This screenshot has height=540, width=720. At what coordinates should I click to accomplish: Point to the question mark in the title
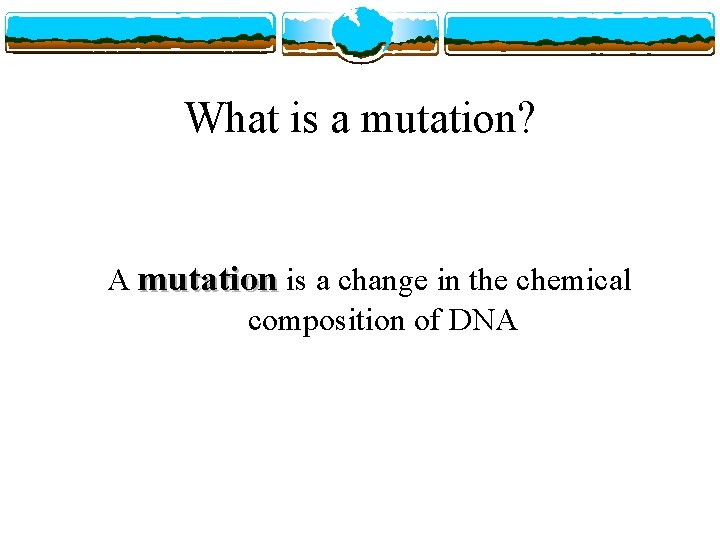pyautogui.click(x=526, y=119)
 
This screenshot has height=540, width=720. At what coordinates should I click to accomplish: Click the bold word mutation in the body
pyautogui.click(x=207, y=281)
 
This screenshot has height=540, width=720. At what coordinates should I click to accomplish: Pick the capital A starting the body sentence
pyautogui.click(x=118, y=281)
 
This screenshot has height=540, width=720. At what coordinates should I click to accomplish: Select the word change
pyautogui.click(x=386, y=281)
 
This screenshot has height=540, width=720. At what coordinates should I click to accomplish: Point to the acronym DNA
pyautogui.click(x=485, y=321)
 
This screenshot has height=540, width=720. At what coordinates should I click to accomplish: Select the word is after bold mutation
pyautogui.click(x=296, y=281)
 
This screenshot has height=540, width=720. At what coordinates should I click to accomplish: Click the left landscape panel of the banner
pyautogui.click(x=140, y=33)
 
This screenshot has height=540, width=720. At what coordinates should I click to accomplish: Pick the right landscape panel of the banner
pyautogui.click(x=580, y=33)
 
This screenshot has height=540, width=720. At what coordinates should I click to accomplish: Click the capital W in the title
pyautogui.click(x=203, y=119)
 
